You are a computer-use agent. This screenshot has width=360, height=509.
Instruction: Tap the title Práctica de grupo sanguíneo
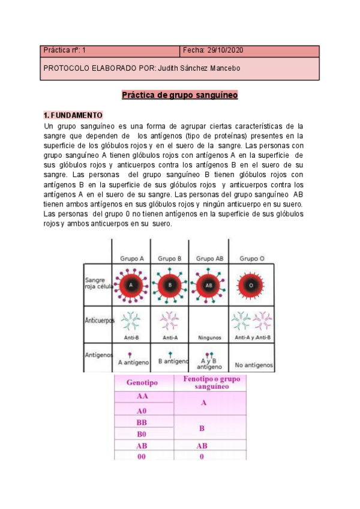[x=180, y=95]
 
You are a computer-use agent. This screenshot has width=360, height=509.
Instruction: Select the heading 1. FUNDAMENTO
[x=73, y=115]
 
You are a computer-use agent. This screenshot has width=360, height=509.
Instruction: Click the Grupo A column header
[x=132, y=259]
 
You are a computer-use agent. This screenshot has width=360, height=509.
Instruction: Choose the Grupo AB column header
[x=208, y=259]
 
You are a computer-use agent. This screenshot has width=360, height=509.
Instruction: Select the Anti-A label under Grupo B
[x=170, y=338]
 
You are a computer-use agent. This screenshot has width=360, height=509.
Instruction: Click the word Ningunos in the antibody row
[x=209, y=338]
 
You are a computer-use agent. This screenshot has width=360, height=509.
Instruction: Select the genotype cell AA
[x=142, y=397]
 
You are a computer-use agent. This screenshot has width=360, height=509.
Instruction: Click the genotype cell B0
[x=142, y=433]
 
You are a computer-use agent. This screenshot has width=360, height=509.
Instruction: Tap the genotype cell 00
[x=142, y=457]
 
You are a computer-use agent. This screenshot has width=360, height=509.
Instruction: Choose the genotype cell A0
[x=142, y=411]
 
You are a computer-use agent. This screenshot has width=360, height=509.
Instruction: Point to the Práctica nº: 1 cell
[x=65, y=51]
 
